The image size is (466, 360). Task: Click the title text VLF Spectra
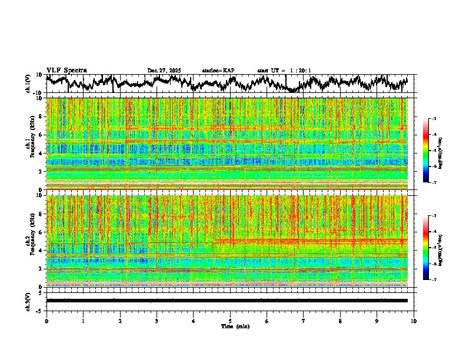click(x=66, y=70)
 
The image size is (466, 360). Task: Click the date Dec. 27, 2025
click(x=164, y=71)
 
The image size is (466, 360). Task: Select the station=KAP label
click(x=218, y=71)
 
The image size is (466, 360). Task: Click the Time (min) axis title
click(x=235, y=326)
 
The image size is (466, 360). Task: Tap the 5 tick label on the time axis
click(x=230, y=321)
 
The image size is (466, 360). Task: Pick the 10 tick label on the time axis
click(x=414, y=321)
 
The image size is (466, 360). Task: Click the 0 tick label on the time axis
click(x=46, y=321)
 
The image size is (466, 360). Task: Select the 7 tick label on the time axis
click(x=304, y=321)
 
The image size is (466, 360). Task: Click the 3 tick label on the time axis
click(x=157, y=321)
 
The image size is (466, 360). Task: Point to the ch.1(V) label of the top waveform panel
click(x=28, y=84)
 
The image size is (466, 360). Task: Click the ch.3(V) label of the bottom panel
click(x=28, y=301)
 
